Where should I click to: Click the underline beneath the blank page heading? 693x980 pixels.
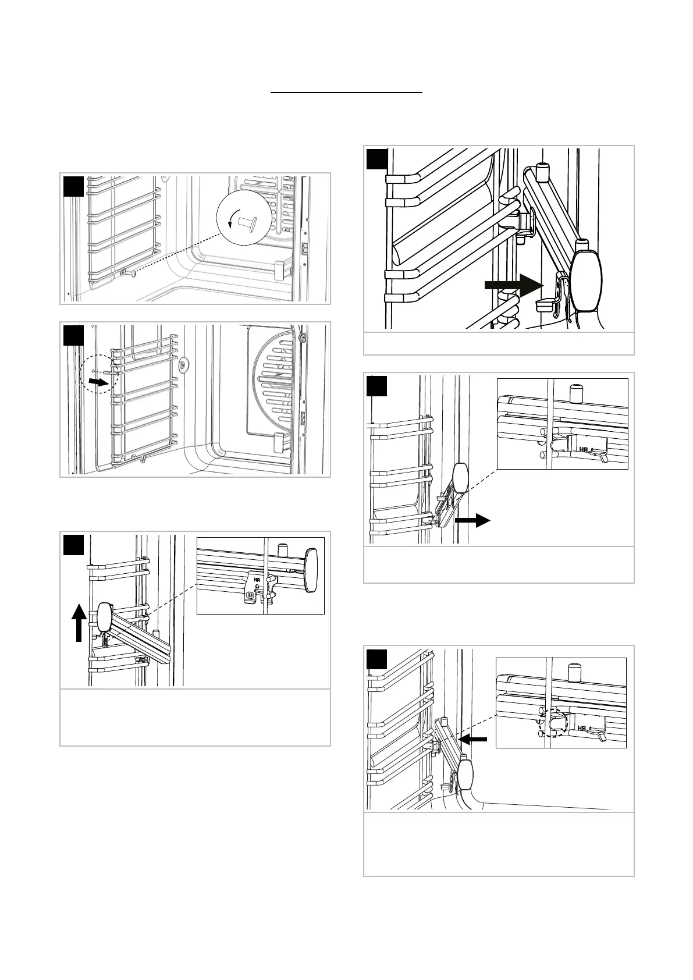point(347,92)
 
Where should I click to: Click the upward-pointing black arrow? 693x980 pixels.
point(80,622)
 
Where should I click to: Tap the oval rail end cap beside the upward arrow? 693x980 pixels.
point(105,617)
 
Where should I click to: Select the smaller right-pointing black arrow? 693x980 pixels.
point(472,521)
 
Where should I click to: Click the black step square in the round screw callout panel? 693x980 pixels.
point(74,186)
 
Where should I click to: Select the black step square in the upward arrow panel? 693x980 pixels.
point(74,545)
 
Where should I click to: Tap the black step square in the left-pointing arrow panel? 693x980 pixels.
point(377,659)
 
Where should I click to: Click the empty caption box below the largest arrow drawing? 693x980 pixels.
point(498,343)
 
